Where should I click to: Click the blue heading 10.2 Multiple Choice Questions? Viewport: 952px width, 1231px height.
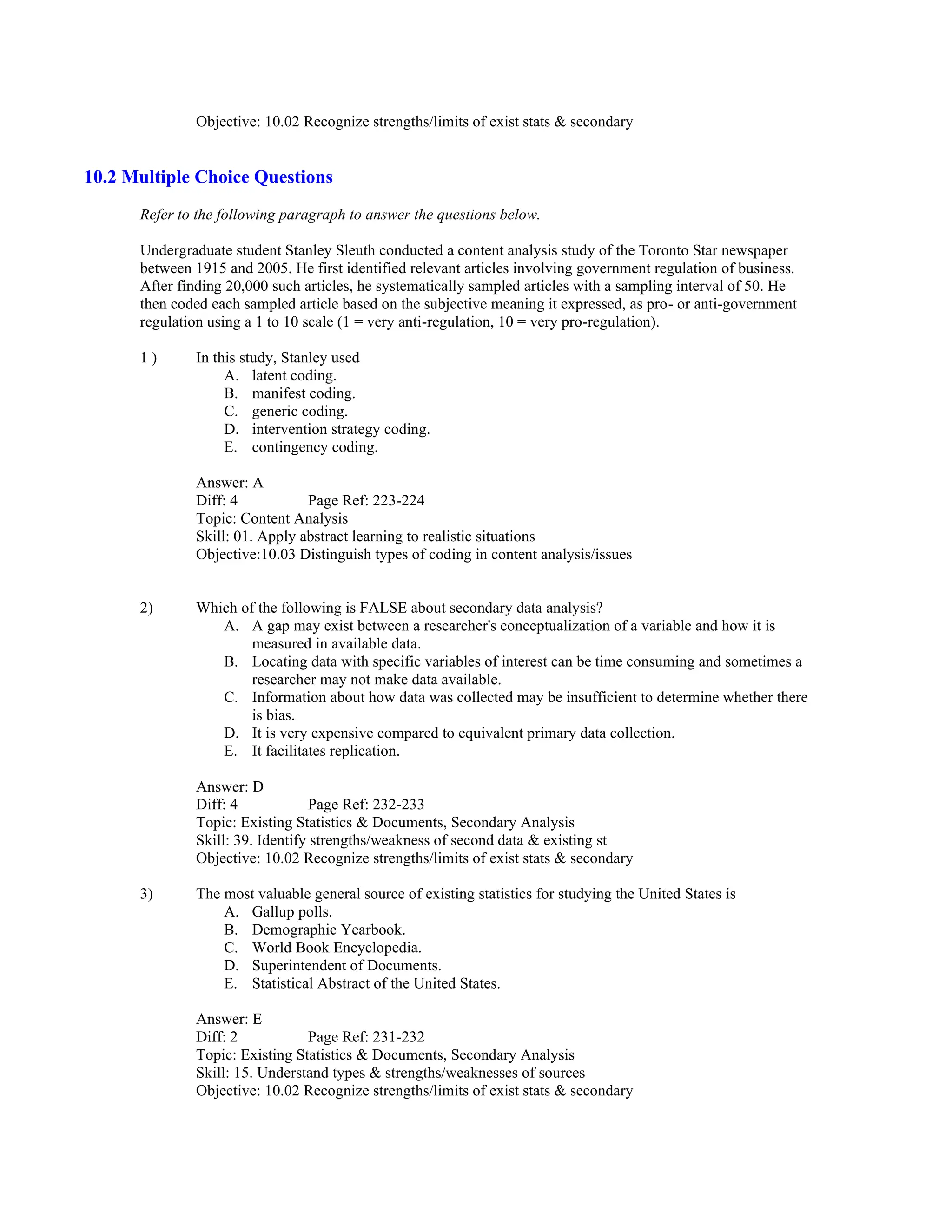click(208, 177)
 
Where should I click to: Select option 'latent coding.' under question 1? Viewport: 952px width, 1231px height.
click(294, 376)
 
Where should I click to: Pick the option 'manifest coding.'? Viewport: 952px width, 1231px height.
click(304, 393)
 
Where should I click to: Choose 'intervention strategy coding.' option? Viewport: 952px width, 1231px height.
click(341, 430)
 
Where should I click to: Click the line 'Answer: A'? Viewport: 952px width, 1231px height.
click(230, 483)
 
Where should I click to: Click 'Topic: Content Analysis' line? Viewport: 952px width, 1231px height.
click(272, 518)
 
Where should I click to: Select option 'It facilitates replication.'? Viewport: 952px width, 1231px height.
click(325, 751)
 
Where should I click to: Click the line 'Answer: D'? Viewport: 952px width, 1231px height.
click(230, 787)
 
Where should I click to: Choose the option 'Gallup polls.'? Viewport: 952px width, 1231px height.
click(291, 912)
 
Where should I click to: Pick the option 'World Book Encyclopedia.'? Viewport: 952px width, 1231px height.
click(337, 948)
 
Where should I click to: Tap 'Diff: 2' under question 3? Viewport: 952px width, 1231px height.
click(217, 1037)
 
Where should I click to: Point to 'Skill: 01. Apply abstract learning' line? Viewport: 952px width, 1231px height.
click(365, 537)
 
